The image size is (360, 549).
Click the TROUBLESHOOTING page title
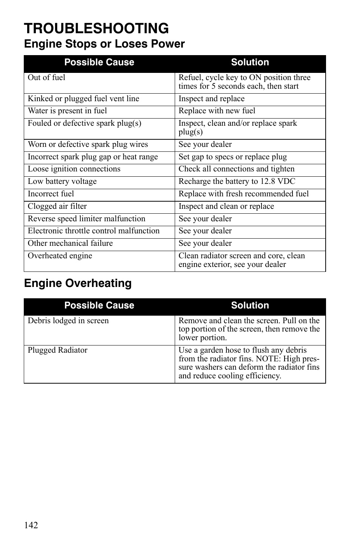pos(96,29)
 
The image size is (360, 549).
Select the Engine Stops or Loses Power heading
pos(105,44)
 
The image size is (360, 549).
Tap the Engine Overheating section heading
pos(78,283)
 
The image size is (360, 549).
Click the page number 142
pos(31,525)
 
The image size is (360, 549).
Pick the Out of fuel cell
pos(46,78)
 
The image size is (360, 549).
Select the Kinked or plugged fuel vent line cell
pos(83,99)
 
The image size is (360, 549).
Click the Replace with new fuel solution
pos(217,111)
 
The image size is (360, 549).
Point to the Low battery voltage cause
pos(62,182)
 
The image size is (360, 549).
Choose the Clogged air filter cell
pos(57,207)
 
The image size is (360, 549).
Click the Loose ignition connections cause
pos(74,169)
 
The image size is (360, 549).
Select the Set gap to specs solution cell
pos(232,157)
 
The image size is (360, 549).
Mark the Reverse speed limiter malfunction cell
pos(86,219)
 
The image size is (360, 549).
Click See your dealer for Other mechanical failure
pos(205,244)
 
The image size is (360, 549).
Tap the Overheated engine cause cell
pos(60,256)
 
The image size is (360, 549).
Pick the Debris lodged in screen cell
pos(68,321)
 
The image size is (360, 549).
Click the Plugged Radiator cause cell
pos(57,350)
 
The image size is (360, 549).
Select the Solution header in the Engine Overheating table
pos(250,305)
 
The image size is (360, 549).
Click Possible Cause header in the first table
pos(99,62)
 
